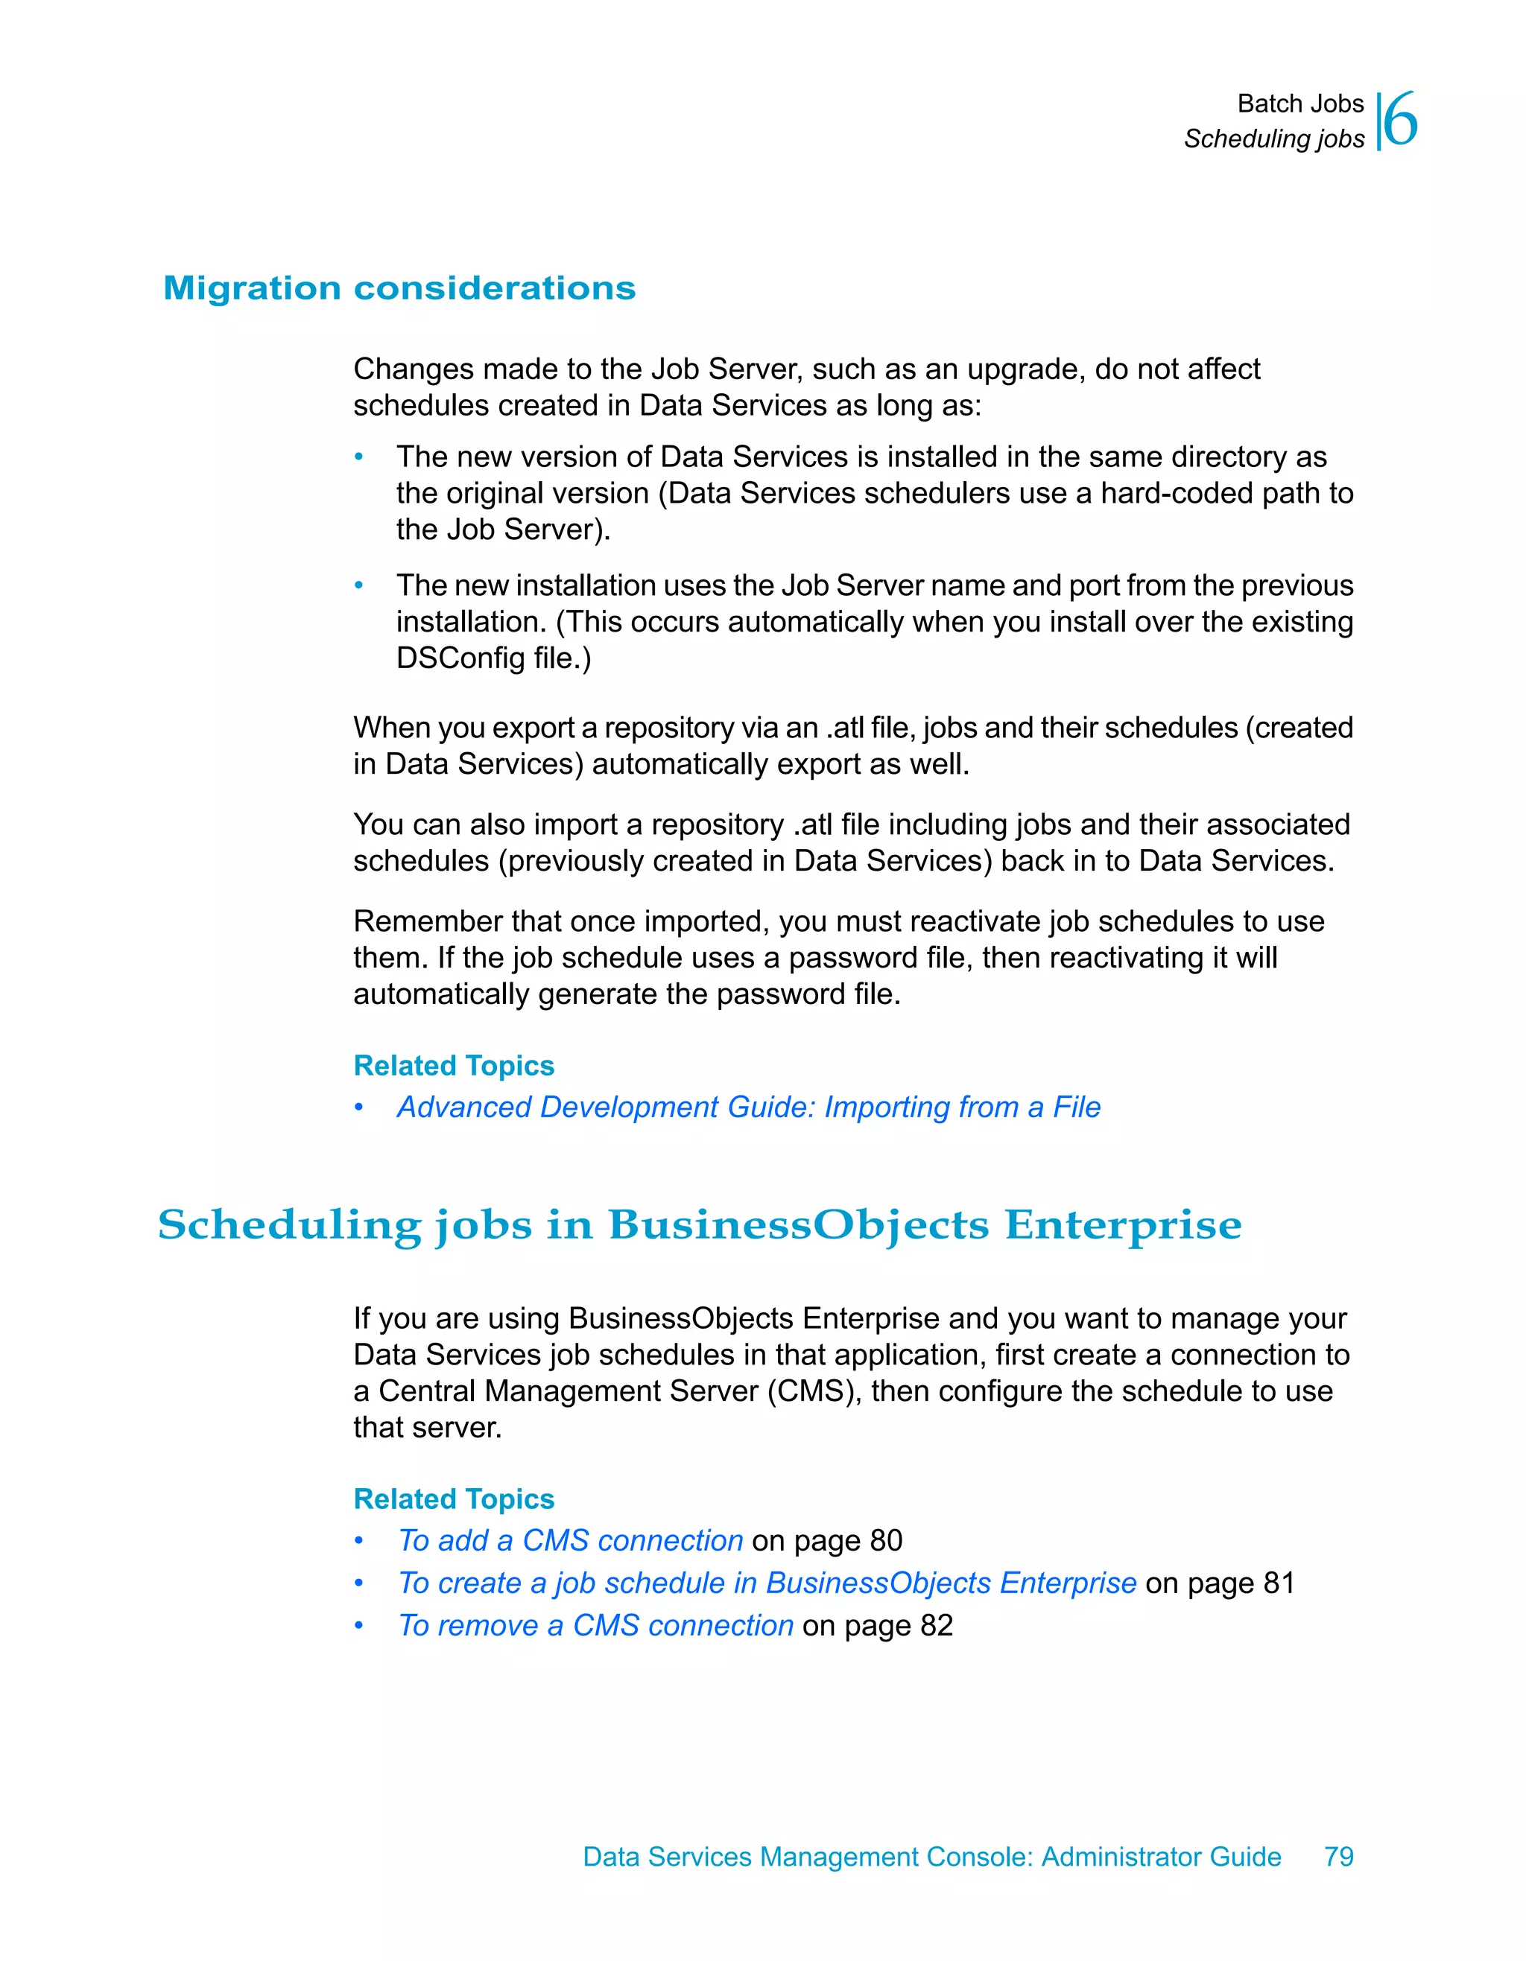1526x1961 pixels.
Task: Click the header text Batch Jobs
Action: pos(1299,104)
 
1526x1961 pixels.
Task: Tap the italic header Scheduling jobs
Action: pos(1273,139)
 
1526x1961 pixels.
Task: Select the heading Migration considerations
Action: pos(399,288)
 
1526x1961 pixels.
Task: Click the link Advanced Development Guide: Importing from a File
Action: pos(748,1107)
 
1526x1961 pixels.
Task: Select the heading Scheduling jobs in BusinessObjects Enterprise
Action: pos(700,1224)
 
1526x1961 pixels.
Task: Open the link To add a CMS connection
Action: pos(570,1541)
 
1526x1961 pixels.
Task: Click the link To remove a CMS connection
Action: pos(595,1626)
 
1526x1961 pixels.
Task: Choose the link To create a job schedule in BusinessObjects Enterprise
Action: pos(767,1583)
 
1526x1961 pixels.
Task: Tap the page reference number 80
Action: pos(886,1541)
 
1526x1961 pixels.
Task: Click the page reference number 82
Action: pos(936,1626)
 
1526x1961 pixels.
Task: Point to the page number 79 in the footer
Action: pos(1338,1857)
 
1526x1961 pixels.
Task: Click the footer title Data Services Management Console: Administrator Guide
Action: pos(931,1857)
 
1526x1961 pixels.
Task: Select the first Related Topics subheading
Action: pos(454,1066)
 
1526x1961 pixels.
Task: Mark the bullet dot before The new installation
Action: pos(358,586)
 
